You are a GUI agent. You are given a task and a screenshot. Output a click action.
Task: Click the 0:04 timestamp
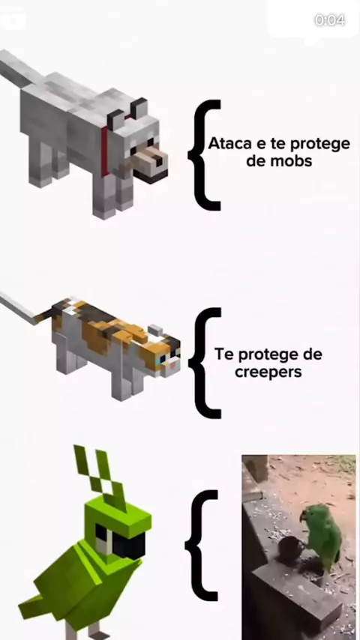(x=329, y=20)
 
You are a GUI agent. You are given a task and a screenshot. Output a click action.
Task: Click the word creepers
(x=268, y=372)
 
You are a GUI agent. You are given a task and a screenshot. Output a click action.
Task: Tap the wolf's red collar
(x=105, y=151)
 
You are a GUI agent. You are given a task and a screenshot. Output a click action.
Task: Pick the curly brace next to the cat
(x=206, y=363)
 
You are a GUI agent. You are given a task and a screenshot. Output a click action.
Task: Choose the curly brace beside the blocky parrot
(x=202, y=546)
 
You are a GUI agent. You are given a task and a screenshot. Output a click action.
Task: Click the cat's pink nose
(x=174, y=366)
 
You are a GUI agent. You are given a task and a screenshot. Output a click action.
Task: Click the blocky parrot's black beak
(x=129, y=546)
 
